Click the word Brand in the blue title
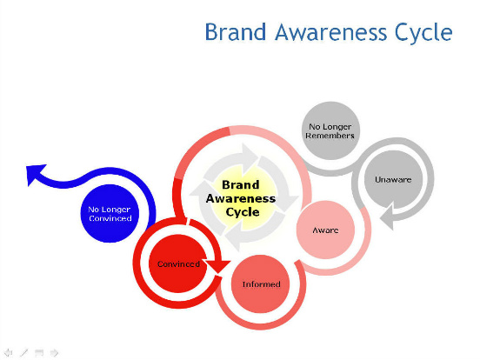tap(236, 32)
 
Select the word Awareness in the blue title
tap(331, 32)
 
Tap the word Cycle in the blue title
tap(423, 34)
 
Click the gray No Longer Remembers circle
tap(330, 130)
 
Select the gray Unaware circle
tap(393, 179)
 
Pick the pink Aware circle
tap(326, 230)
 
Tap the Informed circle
tap(261, 284)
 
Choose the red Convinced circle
tap(178, 263)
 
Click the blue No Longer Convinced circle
tap(110, 213)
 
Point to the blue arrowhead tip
tap(26, 167)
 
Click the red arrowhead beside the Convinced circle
tap(218, 266)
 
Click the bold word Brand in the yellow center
tap(241, 185)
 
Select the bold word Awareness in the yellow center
tap(241, 198)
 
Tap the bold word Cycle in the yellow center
tap(243, 212)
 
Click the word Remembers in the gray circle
tap(330, 136)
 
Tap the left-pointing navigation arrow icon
tap(9, 353)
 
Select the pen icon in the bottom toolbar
tap(23, 353)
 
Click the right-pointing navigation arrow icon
tap(54, 353)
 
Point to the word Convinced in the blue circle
tap(110, 218)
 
